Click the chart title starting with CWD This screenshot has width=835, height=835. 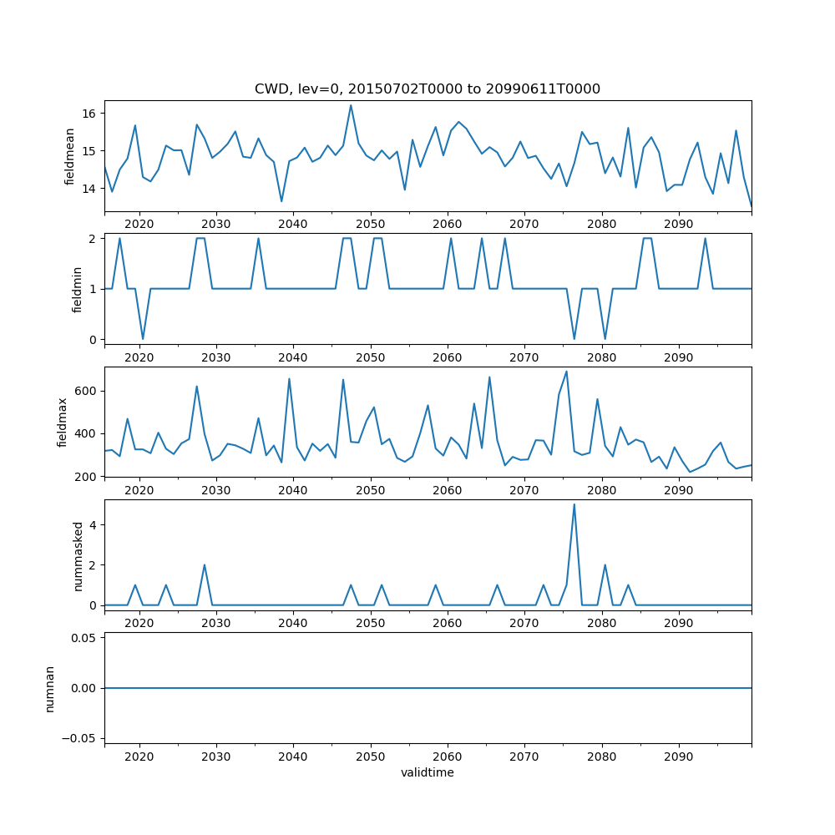pos(428,89)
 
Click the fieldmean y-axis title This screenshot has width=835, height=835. pos(70,156)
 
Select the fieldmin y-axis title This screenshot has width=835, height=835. pos(77,289)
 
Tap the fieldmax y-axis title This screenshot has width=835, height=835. pos(63,422)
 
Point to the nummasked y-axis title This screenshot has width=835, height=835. pos(78,556)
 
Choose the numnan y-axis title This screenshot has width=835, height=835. pos(50,688)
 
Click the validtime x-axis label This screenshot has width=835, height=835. pos(428,773)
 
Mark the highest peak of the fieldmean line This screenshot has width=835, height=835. pos(351,105)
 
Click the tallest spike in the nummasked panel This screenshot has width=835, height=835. pos(574,504)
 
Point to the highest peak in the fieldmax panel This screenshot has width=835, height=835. pos(566,372)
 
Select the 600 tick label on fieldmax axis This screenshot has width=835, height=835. pos(87,391)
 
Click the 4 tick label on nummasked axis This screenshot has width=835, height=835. pos(94,524)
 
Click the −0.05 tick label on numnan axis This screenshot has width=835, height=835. pos(81,738)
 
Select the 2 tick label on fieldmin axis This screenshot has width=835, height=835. pos(94,238)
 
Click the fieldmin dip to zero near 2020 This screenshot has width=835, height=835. pos(143,339)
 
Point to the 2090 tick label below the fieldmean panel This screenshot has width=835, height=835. pos(678,225)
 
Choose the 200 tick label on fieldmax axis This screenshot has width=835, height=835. pos(87,476)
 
